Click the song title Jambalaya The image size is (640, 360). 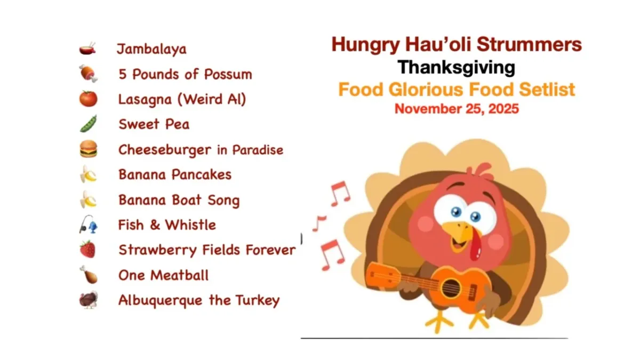[x=151, y=50]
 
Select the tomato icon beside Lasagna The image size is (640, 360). [x=88, y=99]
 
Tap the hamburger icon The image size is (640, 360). [x=88, y=149]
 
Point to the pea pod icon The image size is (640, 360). [x=88, y=124]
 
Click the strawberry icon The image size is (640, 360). [x=88, y=249]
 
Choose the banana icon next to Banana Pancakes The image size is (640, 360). [x=88, y=174]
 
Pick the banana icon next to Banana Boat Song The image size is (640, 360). [x=88, y=199]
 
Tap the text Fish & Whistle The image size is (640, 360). [x=167, y=225]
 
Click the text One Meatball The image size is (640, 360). [x=163, y=275]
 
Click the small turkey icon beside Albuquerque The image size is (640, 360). [x=89, y=300]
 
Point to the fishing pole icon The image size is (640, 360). [x=88, y=225]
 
